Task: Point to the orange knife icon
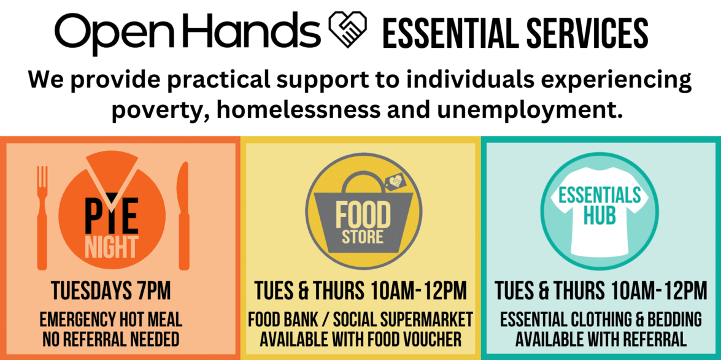coord(183,216)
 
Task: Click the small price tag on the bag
coord(393,183)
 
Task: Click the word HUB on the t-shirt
coord(599,216)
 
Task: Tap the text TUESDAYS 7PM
coord(111,291)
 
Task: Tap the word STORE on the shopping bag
coord(363,238)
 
